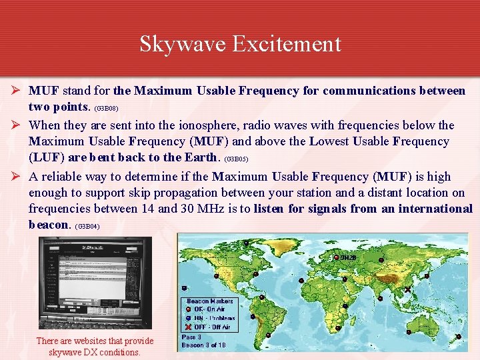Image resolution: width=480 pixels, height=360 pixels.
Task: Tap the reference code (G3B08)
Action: [106, 107]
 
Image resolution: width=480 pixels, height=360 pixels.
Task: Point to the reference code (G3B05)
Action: [237, 160]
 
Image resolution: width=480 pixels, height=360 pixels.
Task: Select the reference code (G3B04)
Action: [87, 227]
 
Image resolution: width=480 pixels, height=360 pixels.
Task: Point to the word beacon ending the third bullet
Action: [49, 225]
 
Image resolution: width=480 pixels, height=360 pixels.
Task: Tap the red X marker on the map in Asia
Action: [408, 290]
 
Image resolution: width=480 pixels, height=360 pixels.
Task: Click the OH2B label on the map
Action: [348, 257]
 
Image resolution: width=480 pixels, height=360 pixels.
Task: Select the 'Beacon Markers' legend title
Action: [210, 301]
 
